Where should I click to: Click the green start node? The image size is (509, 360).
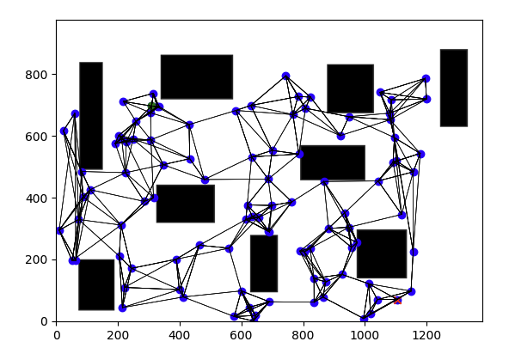pos(151,106)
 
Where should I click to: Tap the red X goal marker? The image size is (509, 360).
pos(397,301)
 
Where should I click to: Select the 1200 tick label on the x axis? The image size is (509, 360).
pos(426,335)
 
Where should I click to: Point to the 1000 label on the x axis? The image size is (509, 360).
pos(365,335)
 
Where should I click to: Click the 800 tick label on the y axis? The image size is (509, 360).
pos(36,75)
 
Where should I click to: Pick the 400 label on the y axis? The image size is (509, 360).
pos(36,198)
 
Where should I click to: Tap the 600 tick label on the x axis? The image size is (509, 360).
pos(242,335)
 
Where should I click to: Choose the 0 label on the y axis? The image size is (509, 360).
pos(45,321)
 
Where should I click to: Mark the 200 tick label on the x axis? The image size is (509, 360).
pos(118,335)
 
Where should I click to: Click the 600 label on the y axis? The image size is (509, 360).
pos(36,137)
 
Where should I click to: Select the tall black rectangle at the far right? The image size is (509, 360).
pos(454,88)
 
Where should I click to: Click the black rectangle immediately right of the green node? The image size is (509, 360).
pos(197,76)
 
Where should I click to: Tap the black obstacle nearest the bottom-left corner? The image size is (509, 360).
pos(96,284)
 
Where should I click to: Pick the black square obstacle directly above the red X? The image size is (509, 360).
pos(382,253)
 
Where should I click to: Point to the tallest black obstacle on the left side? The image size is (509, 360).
pos(91,115)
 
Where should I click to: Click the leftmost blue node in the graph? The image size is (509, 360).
pos(59,230)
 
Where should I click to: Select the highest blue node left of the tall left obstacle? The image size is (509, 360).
pos(75,113)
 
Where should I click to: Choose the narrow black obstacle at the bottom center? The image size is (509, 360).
pos(264,264)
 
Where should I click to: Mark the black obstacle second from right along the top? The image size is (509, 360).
pos(350,88)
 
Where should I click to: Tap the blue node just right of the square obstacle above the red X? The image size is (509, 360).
pos(414,252)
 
